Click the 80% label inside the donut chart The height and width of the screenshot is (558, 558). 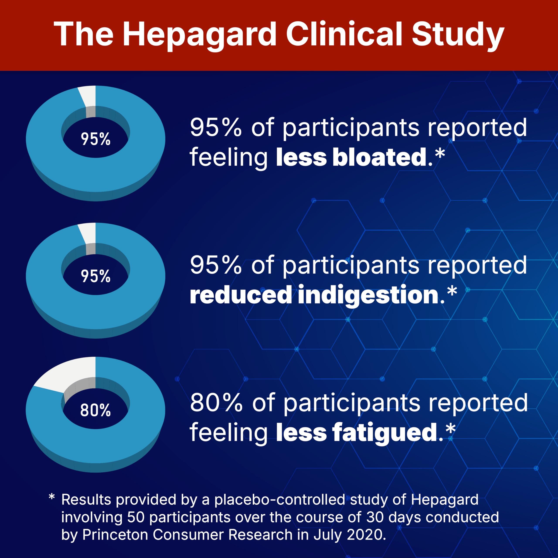[95, 410]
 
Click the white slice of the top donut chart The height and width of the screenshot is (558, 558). [88, 95]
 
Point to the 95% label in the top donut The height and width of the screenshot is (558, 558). [95, 139]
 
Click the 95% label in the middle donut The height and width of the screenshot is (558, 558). [95, 276]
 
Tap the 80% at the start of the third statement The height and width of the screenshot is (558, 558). [216, 403]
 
